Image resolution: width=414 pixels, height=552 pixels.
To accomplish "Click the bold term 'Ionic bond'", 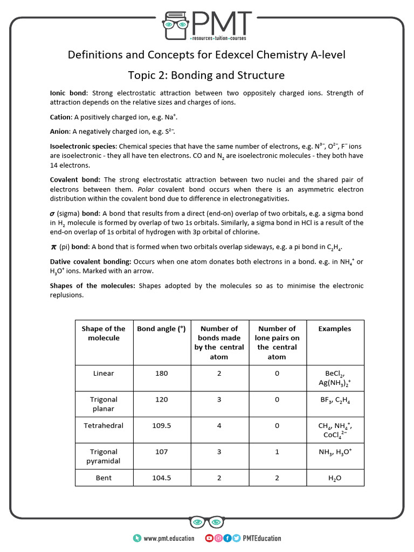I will (67, 93).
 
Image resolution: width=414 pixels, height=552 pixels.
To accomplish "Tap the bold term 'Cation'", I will (60, 117).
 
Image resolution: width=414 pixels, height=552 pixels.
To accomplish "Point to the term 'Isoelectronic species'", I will (82, 146).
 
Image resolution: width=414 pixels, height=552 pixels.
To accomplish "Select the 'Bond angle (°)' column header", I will (161, 329).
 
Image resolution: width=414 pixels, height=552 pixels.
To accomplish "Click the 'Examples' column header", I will (335, 329).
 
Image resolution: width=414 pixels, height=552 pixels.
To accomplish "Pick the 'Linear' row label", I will (103, 373).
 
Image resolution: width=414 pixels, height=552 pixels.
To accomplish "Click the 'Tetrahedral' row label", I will (103, 425).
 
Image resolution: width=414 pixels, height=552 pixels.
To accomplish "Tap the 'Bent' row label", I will (103, 478).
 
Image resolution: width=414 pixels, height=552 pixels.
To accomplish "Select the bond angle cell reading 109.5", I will (161, 425).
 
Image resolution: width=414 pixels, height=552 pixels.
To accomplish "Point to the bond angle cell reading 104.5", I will (161, 478).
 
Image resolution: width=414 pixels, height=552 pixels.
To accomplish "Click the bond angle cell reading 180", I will (161, 373).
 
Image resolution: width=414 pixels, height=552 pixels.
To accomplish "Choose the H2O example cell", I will (335, 478).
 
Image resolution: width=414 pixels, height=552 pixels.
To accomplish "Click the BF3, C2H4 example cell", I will (335, 400).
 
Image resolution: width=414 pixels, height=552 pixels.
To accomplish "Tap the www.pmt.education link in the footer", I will (169, 538).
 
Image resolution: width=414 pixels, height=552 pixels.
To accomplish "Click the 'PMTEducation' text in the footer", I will (262, 538).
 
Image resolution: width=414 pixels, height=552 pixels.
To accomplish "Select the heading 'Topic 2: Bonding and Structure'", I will (206, 75).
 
